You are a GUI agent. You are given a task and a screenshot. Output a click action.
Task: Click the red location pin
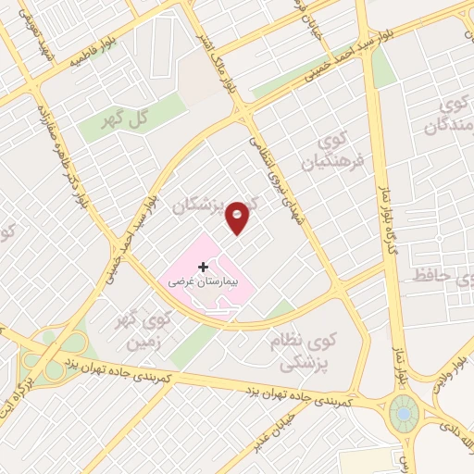coord(238,216)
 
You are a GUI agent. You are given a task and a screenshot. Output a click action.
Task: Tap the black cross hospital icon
coord(204,267)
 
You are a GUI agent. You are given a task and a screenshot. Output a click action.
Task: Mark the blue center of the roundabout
coord(404,412)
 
